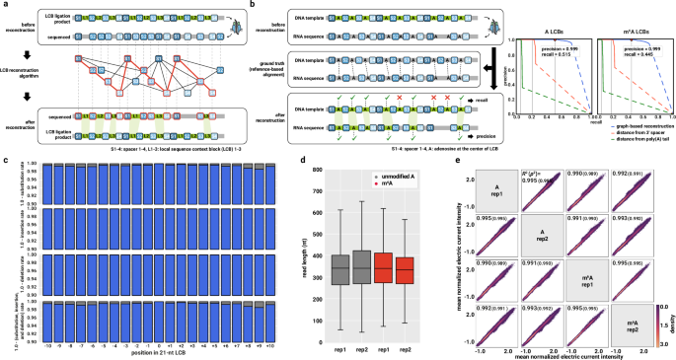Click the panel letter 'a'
pyautogui.click(x=4, y=5)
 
